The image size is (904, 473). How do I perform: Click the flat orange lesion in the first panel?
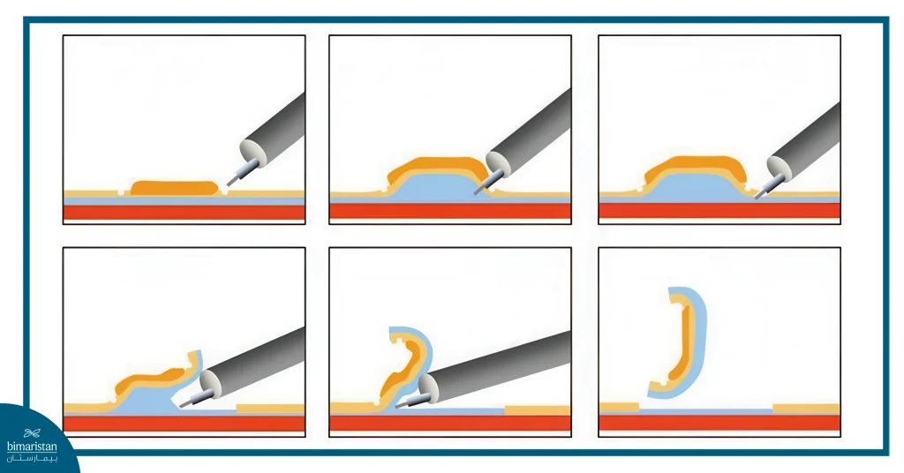[174, 187]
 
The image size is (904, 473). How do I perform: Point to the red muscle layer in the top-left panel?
[184, 212]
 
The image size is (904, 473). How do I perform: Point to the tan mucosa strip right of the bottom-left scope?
[270, 409]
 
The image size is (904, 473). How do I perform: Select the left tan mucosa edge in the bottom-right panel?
[618, 407]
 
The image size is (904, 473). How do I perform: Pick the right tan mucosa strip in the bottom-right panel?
[805, 409]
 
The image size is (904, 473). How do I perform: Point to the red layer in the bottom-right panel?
[719, 423]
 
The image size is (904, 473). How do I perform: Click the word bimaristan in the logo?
[32, 447]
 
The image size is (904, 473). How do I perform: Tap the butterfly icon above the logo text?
[33, 432]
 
